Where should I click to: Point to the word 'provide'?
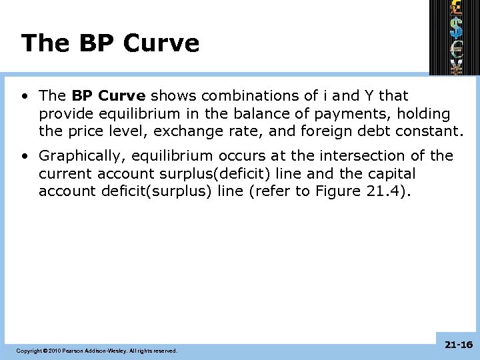65,115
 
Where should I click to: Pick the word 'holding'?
423,115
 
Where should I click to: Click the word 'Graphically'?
83,156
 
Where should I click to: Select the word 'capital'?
388,174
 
